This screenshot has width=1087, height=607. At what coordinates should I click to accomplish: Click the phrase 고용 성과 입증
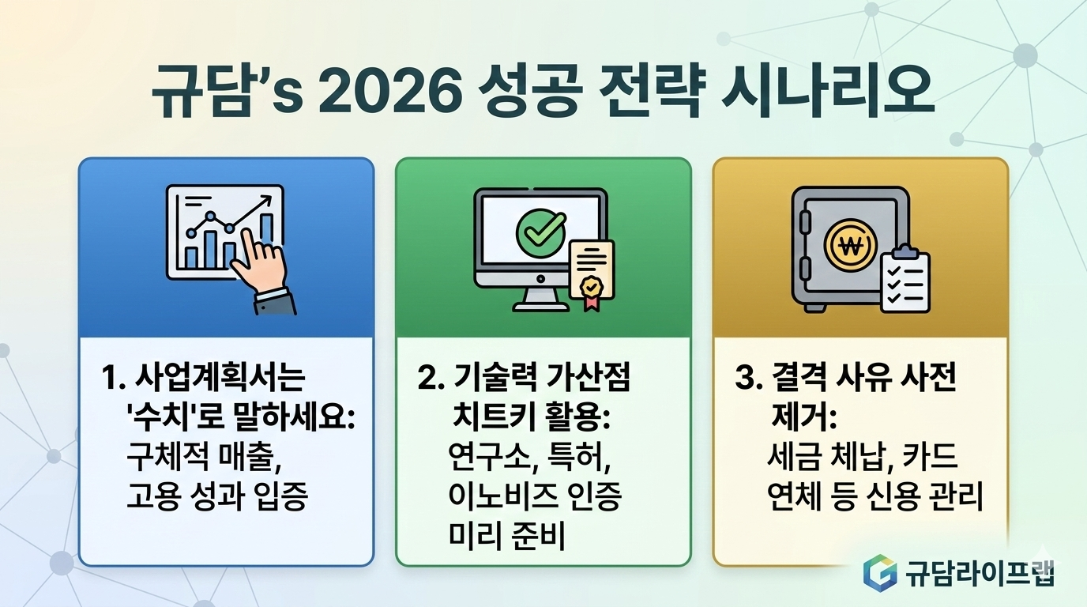[x=216, y=497]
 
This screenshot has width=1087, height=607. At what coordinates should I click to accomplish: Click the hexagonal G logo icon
[x=880, y=571]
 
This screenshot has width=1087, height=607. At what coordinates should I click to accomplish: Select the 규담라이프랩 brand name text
[x=980, y=571]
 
